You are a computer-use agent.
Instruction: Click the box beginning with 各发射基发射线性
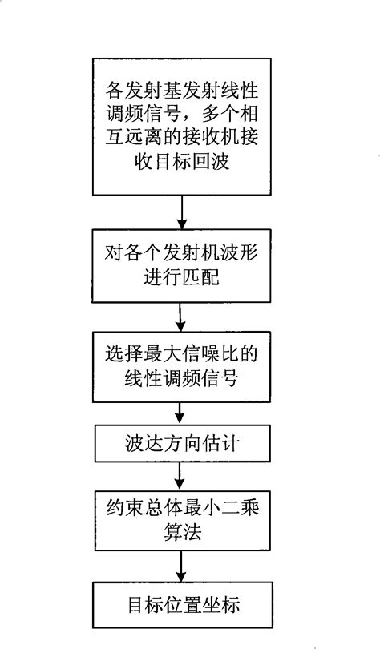tap(184, 125)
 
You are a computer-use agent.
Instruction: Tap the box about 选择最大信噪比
tap(184, 363)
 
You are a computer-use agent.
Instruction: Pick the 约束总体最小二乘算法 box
tap(184, 520)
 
